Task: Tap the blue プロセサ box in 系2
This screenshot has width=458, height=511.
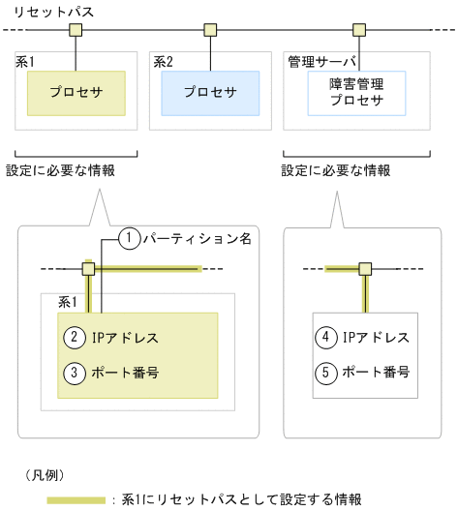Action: point(210,93)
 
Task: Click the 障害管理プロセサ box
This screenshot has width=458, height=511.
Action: point(355,93)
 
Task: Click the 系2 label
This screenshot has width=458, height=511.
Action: point(162,61)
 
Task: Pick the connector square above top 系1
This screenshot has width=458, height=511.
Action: point(76,30)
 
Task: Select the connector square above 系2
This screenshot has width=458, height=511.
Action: point(209,30)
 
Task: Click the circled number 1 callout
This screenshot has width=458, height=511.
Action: point(128,238)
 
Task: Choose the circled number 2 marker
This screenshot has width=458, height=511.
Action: point(74,338)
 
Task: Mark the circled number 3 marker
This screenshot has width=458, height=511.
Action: point(74,372)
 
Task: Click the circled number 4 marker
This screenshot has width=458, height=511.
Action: point(327,338)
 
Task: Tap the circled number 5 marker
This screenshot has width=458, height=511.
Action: point(327,372)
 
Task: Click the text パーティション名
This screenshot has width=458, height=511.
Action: point(196,238)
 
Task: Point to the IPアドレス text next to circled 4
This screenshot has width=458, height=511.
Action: point(377,338)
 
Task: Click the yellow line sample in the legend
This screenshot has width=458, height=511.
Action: point(76,498)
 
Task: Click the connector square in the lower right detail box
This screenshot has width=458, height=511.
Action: point(365,268)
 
